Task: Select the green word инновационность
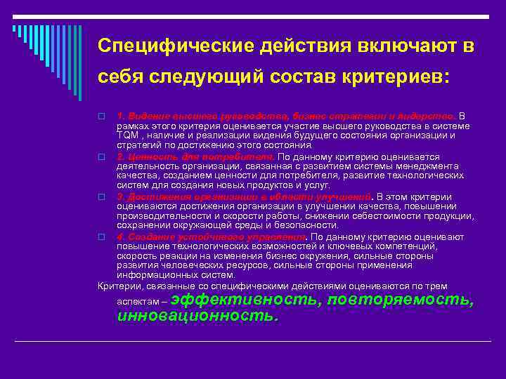click(x=197, y=315)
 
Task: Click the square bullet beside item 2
click(x=102, y=157)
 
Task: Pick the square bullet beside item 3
click(x=102, y=197)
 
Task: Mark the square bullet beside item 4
click(x=102, y=237)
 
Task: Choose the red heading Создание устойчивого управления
click(x=212, y=237)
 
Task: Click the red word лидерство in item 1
click(x=429, y=116)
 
